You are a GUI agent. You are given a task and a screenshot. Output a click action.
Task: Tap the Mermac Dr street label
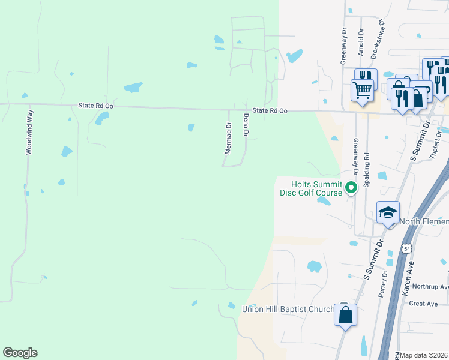(x=228, y=139)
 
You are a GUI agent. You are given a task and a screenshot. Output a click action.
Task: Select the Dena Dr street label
(x=246, y=125)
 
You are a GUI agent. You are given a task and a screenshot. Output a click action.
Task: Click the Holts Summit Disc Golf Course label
(x=311, y=188)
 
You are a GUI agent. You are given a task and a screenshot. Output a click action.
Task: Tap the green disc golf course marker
(x=351, y=188)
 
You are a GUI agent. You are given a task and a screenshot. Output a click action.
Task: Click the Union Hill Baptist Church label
(x=288, y=309)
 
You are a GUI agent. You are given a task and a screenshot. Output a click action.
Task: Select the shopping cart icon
(x=362, y=91)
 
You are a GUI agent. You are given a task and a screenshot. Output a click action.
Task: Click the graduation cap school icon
(x=388, y=213)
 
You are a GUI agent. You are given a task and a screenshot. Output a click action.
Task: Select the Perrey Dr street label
(x=382, y=286)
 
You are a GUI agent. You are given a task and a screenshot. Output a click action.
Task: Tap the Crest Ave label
(x=423, y=304)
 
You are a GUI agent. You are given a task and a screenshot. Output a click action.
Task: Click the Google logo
(x=20, y=353)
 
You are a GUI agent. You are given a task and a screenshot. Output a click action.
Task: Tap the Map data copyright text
(x=424, y=355)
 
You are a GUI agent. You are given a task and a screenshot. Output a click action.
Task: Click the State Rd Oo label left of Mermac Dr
(x=95, y=105)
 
